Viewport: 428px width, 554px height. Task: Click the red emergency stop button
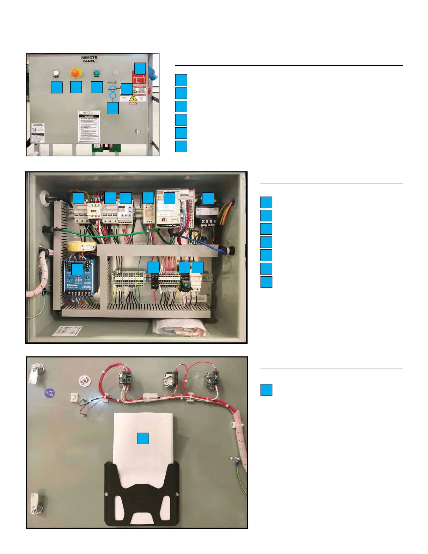(76, 73)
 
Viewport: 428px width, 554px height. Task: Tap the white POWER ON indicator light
(56, 73)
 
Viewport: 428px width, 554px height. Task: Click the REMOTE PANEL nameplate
(90, 59)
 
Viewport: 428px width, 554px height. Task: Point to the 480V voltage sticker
(133, 103)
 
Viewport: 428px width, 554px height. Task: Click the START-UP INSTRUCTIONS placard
(89, 126)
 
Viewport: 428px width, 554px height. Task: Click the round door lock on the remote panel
(138, 131)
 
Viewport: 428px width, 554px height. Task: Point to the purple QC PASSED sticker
(50, 393)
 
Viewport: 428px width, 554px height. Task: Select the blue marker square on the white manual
(143, 438)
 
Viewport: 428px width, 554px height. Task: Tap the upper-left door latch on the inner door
(37, 372)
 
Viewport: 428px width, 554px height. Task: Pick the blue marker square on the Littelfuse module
(77, 269)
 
